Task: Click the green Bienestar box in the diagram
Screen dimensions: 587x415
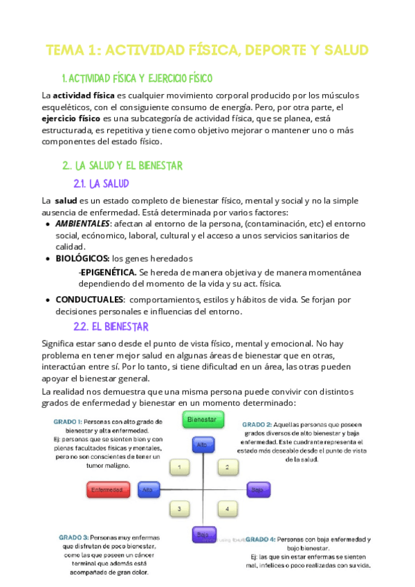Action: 202,419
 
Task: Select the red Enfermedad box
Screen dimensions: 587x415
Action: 109,490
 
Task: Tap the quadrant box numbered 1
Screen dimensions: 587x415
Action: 180,469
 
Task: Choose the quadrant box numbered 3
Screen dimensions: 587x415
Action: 180,509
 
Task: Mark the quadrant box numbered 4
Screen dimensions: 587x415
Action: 228,509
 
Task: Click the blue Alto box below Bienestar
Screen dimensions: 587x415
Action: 202,446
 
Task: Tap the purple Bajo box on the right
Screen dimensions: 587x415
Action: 257,490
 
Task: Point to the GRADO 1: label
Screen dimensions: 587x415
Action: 70,422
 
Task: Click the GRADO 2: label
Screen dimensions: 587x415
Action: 257,424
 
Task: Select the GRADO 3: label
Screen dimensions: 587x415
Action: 73,536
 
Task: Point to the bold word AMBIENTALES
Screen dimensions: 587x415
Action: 82,224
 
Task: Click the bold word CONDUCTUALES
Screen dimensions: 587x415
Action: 87,300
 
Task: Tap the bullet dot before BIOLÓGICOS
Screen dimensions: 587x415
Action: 48,259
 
